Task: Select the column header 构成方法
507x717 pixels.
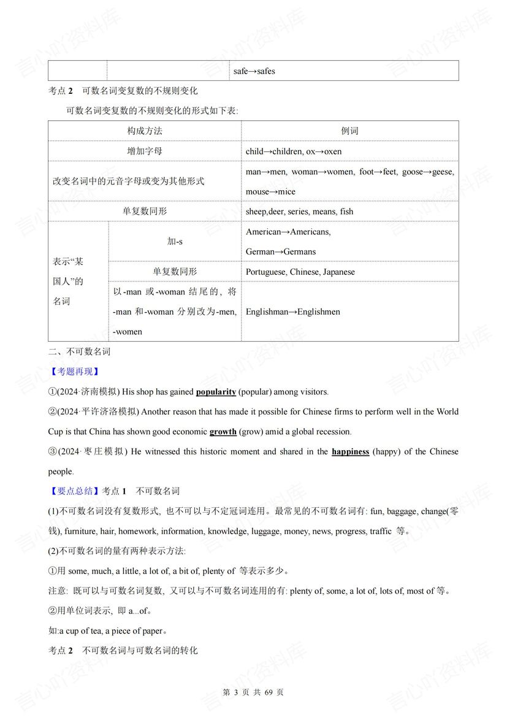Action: [145, 131]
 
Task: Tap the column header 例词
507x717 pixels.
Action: [349, 131]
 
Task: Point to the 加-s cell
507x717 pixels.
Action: [175, 242]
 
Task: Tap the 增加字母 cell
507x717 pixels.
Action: [145, 151]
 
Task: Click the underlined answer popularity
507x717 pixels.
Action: [216, 392]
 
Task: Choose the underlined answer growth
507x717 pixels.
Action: [223, 432]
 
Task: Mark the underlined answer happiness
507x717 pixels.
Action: [350, 451]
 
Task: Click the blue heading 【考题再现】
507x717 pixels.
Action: [74, 372]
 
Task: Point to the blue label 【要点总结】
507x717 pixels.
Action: [74, 491]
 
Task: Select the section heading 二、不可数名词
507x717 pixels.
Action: [79, 351]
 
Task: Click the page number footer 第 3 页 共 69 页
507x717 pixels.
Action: [253, 692]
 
